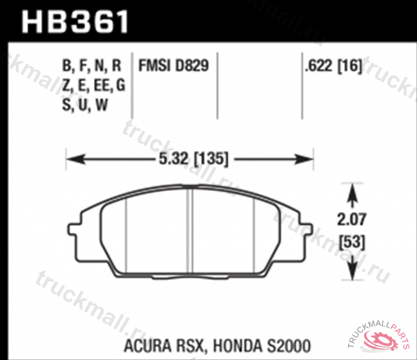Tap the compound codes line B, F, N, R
click(x=92, y=67)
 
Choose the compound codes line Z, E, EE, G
click(x=93, y=86)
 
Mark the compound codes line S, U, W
click(x=83, y=106)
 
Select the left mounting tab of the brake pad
click(x=74, y=227)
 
